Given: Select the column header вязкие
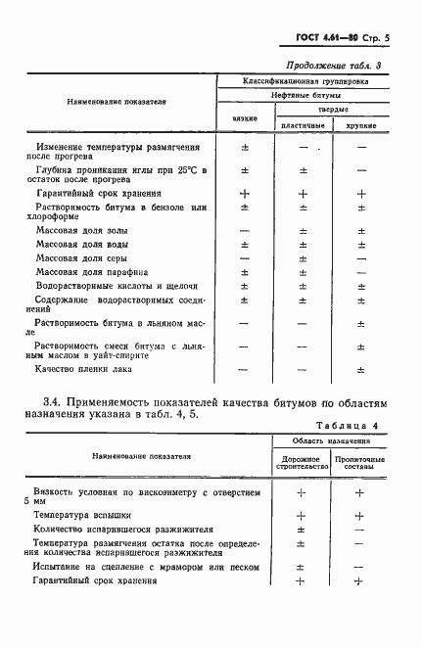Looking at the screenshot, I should pos(245,117).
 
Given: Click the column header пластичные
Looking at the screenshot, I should pos(303,126).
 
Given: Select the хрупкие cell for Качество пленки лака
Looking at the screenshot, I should pos(361,369).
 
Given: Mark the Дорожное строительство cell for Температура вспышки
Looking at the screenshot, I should pos(301,515).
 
